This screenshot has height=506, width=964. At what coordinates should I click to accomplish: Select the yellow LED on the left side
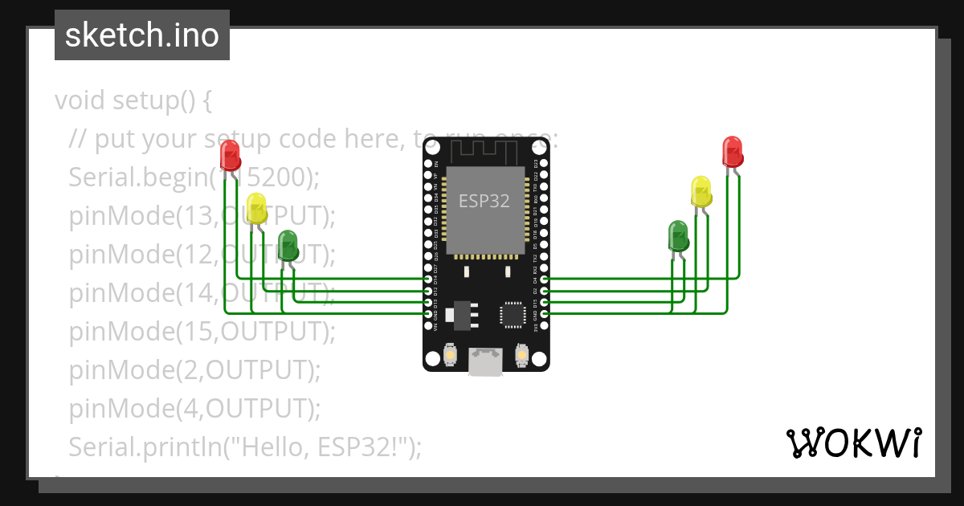pyautogui.click(x=256, y=208)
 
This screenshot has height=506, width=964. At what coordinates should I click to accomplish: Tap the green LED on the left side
pyautogui.click(x=287, y=244)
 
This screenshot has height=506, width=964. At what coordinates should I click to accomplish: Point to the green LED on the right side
pyautogui.click(x=678, y=236)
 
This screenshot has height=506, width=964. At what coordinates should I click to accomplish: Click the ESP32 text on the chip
pyautogui.click(x=484, y=201)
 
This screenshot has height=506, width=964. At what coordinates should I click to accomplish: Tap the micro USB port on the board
pyautogui.click(x=486, y=361)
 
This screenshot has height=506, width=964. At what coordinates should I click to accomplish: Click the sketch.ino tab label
pyautogui.click(x=142, y=35)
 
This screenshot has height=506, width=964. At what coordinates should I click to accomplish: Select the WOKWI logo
pyautogui.click(x=853, y=443)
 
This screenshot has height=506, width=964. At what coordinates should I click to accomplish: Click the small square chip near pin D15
pyautogui.click(x=512, y=314)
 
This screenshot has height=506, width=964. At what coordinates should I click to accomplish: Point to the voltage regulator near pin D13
pyautogui.click(x=462, y=315)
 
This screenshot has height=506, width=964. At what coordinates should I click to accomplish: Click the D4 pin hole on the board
pyautogui.click(x=545, y=280)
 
